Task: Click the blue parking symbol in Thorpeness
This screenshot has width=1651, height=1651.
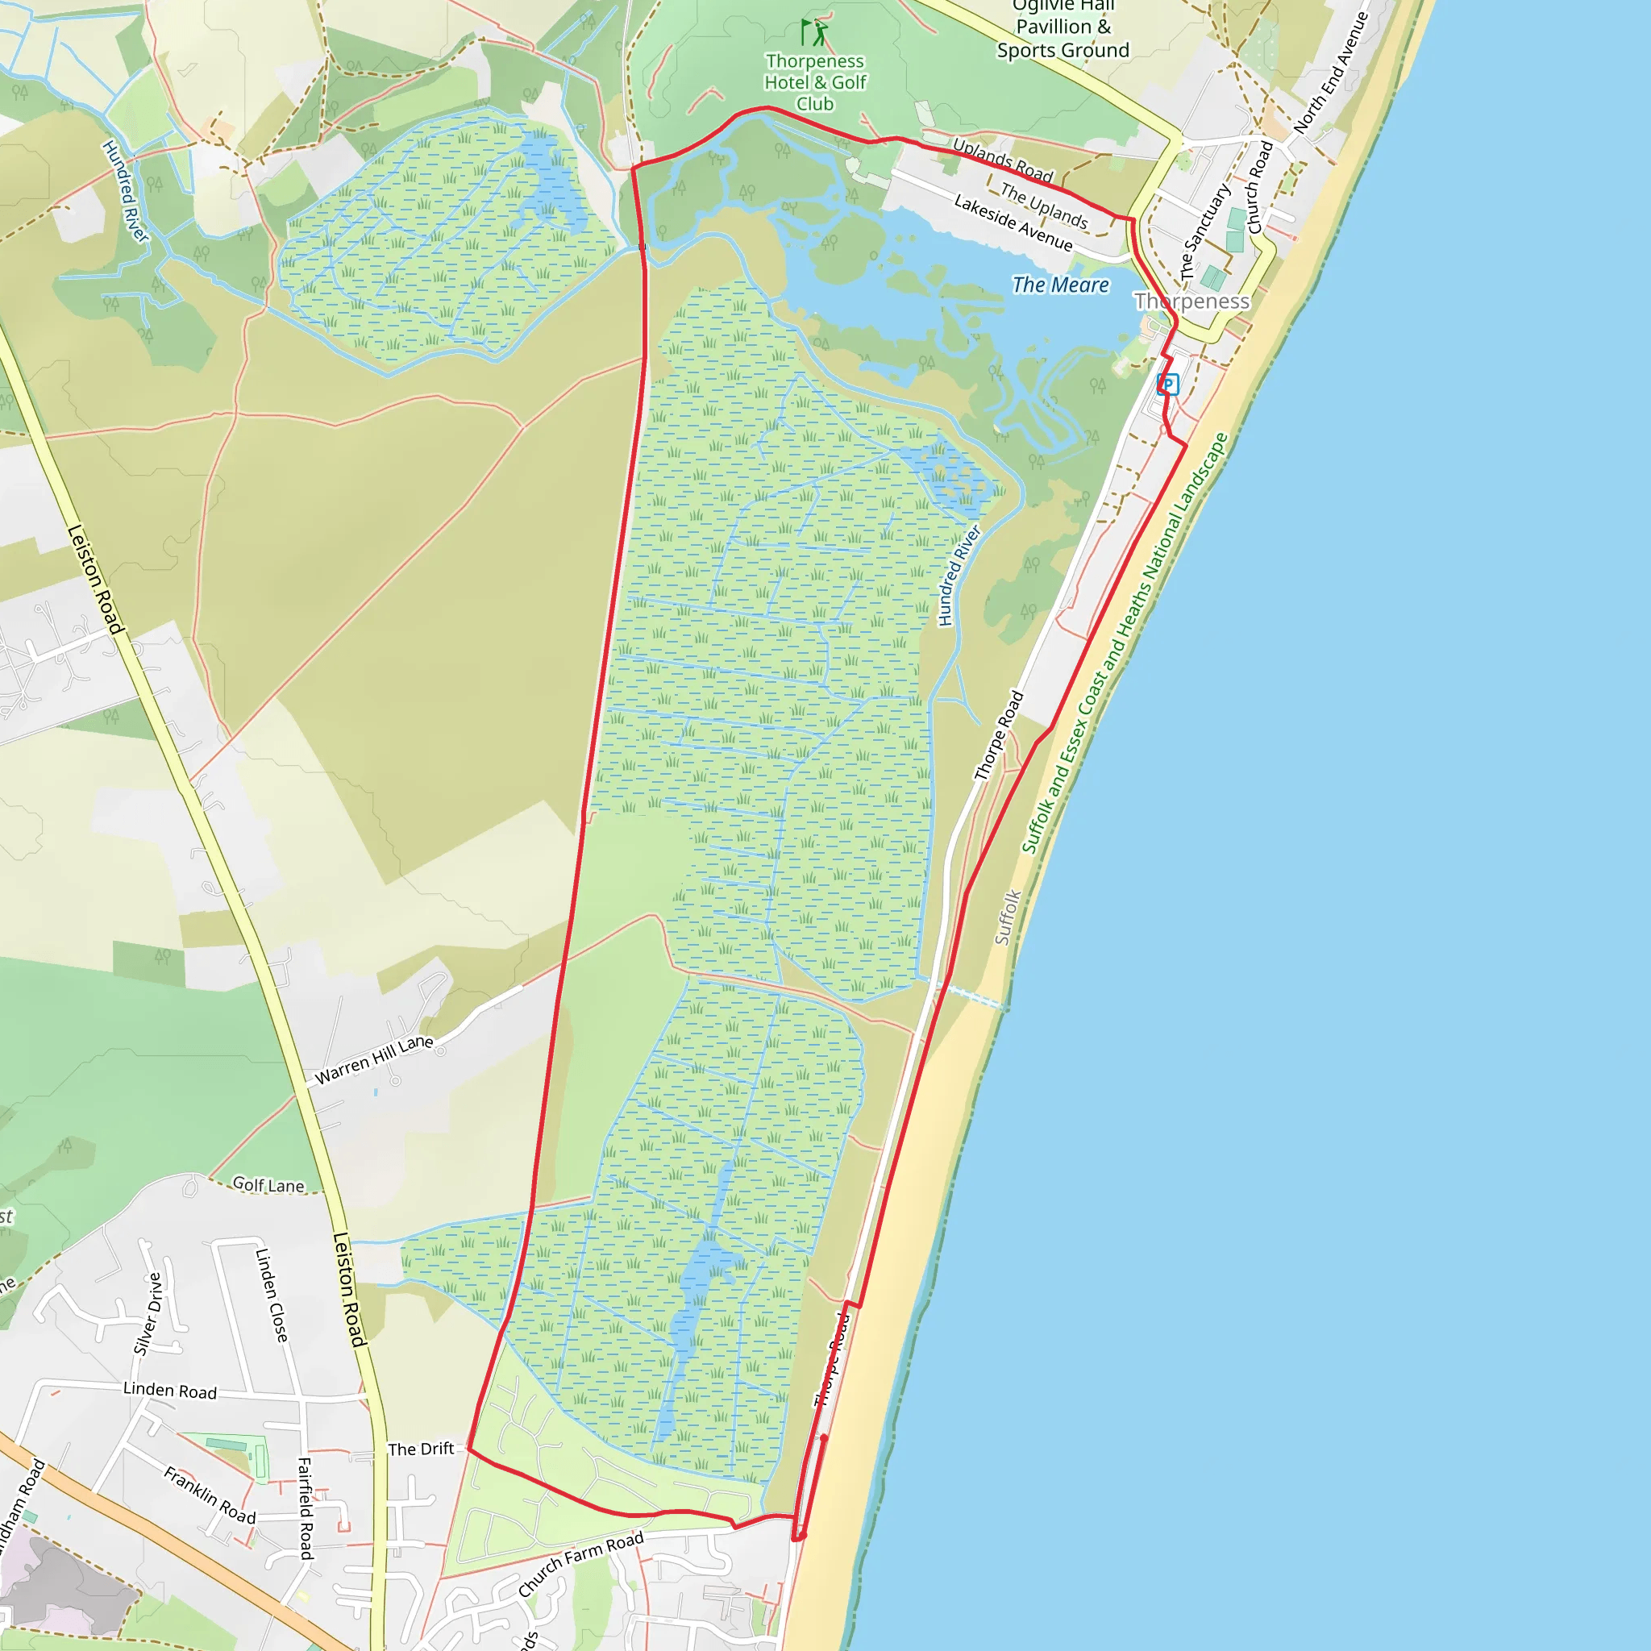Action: click(x=1167, y=385)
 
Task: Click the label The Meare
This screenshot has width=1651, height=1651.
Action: click(x=1061, y=285)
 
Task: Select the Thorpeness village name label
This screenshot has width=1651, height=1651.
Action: click(x=1191, y=301)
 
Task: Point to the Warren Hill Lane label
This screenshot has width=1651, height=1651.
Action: click(x=374, y=1059)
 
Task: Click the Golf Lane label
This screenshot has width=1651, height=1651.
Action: click(x=268, y=1184)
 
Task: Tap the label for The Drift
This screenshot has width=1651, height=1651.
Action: click(x=421, y=1449)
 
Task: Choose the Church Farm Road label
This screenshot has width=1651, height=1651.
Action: click(x=580, y=1564)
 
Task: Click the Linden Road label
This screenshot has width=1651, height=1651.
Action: click(x=170, y=1391)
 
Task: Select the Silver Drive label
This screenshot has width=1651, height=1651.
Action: click(x=148, y=1313)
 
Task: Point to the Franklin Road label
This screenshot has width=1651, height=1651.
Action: click(x=210, y=1495)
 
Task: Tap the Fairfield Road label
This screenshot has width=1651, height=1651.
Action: click(x=305, y=1508)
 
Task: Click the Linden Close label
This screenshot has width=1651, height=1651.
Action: click(x=272, y=1295)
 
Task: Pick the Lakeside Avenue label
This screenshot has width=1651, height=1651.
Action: click(x=1013, y=222)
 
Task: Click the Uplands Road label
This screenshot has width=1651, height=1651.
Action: click(x=1002, y=160)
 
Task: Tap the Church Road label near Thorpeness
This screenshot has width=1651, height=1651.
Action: click(x=1260, y=187)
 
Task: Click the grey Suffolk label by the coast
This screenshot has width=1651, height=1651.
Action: click(x=1008, y=917)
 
